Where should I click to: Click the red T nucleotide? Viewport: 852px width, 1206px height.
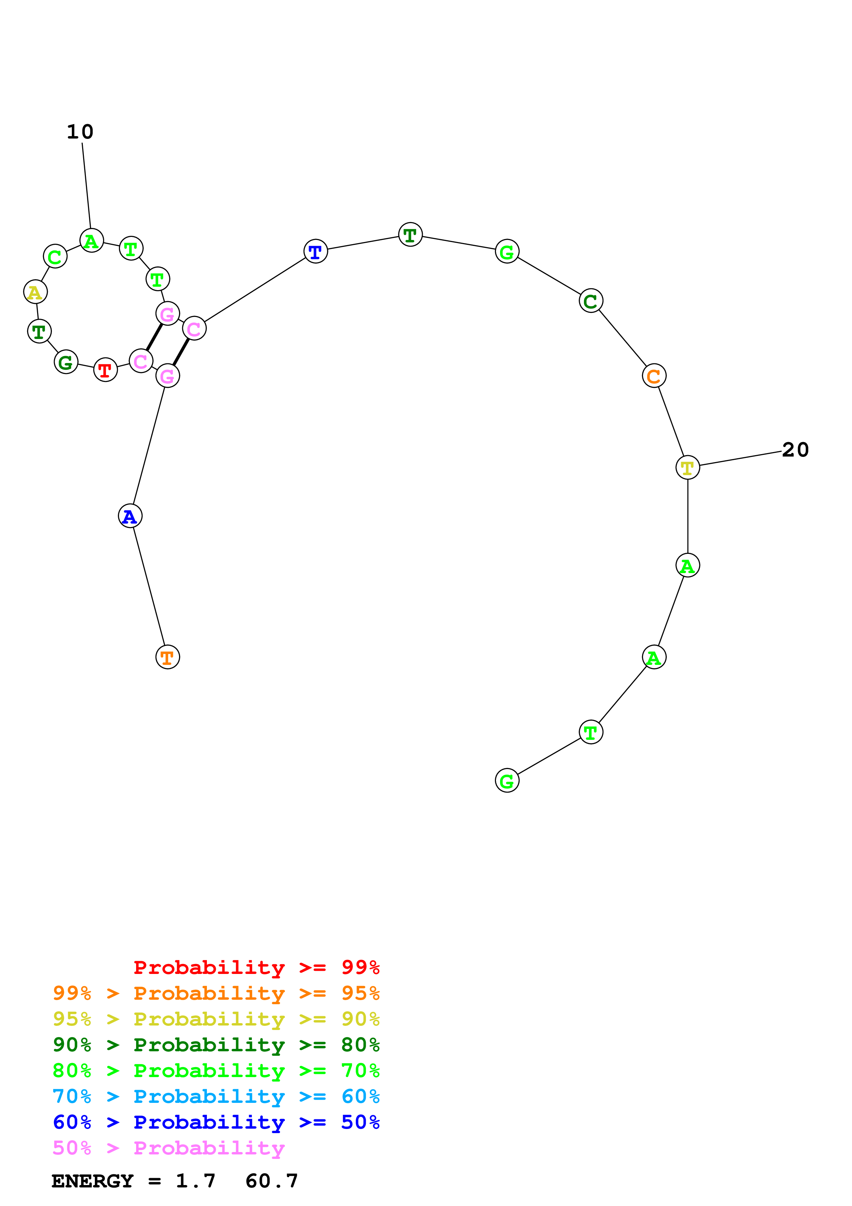(x=106, y=370)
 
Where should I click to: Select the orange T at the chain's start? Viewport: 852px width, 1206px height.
(x=167, y=657)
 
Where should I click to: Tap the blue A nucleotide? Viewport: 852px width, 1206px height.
(x=130, y=516)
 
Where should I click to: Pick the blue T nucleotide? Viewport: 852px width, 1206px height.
(x=316, y=252)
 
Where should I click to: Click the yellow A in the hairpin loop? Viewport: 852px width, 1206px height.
(x=35, y=292)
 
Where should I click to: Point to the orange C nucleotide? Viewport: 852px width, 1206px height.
(x=654, y=376)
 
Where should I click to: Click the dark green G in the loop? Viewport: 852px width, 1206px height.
(x=66, y=362)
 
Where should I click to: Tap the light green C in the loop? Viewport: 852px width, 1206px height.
(x=55, y=257)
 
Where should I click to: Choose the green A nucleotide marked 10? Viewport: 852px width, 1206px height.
(x=91, y=241)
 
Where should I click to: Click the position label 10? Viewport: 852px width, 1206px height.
(x=80, y=132)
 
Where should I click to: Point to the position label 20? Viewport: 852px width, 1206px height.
(x=795, y=450)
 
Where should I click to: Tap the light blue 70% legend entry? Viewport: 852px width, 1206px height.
(x=216, y=1096)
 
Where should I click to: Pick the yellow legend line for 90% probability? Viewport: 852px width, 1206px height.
(x=216, y=1019)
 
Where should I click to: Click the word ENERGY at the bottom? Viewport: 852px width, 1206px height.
(x=92, y=1181)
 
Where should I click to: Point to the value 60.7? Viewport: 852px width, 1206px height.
(x=272, y=1181)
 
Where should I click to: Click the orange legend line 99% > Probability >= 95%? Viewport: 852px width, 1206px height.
(x=216, y=993)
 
